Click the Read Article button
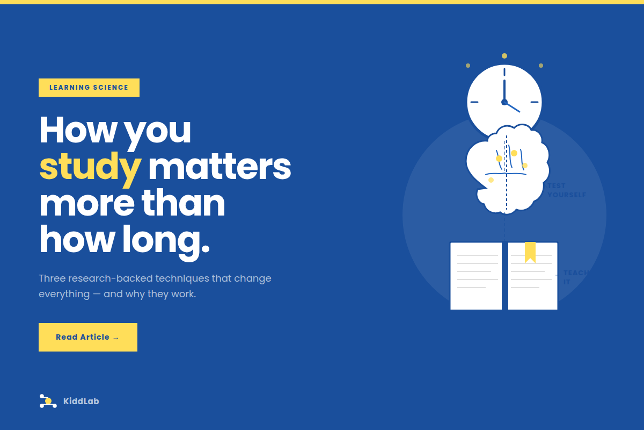[x=87, y=337]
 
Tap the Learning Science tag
[x=89, y=88]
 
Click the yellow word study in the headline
[x=90, y=167]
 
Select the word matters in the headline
[x=219, y=167]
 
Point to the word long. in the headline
[x=166, y=240]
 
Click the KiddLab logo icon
[x=48, y=401]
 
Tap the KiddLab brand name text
[x=81, y=401]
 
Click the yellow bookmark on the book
[x=530, y=252]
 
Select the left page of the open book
[x=476, y=276]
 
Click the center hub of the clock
[x=504, y=102]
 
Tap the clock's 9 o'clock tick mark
[x=474, y=102]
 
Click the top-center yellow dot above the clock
[x=504, y=56]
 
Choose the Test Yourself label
[x=567, y=190]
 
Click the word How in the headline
[x=76, y=131]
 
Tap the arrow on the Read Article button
[x=116, y=338]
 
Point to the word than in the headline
[x=183, y=204]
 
